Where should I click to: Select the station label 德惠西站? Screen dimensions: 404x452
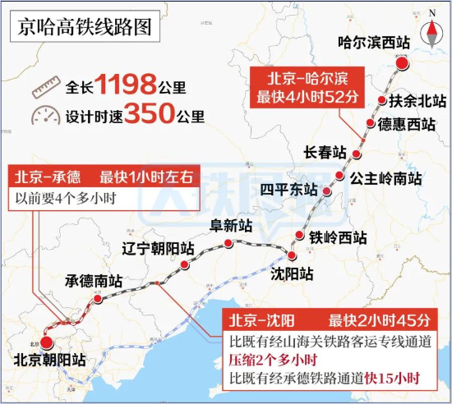point(406,125)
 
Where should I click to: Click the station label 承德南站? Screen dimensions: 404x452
point(94,281)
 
